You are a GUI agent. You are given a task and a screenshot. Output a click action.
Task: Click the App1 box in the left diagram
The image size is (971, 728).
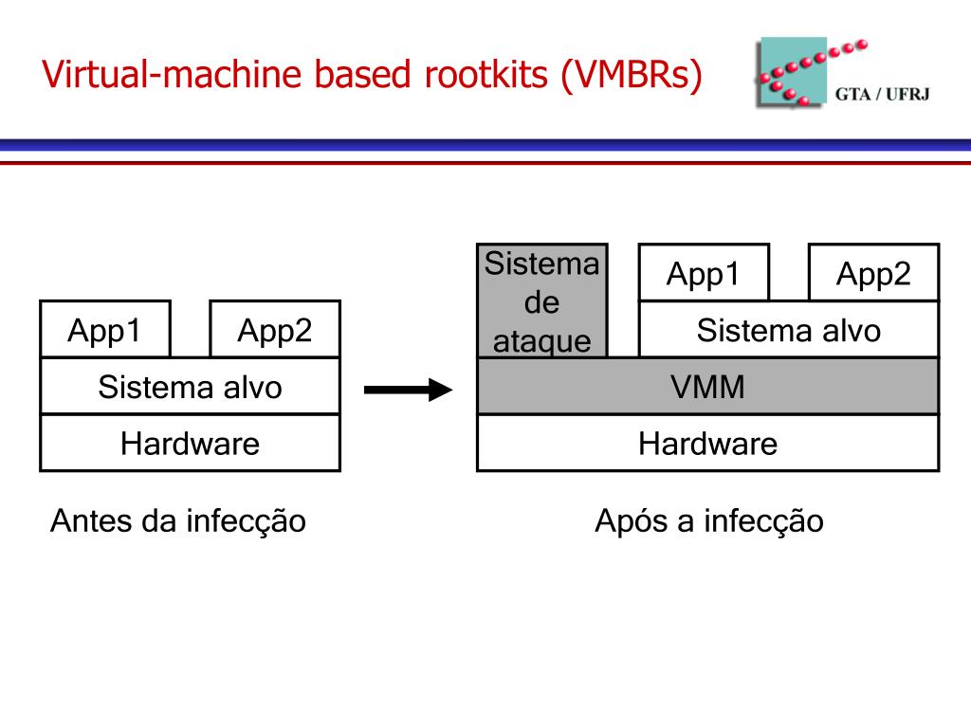pyautogui.click(x=105, y=329)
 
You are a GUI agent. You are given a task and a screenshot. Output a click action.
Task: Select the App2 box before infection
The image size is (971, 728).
pyautogui.click(x=275, y=329)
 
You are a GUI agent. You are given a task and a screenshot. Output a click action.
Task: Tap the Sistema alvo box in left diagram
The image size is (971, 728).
pyautogui.click(x=190, y=387)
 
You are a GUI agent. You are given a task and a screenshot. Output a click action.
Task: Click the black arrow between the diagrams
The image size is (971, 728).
pyautogui.click(x=408, y=390)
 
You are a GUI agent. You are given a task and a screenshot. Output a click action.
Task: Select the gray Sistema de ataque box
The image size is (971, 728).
pyautogui.click(x=542, y=300)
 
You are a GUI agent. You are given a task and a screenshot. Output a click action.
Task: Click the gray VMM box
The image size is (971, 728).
pyautogui.click(x=707, y=387)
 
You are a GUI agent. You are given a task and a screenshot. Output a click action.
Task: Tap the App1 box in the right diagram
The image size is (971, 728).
pyautogui.click(x=705, y=272)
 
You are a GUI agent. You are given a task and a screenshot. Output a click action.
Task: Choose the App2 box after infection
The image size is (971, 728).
pyautogui.click(x=873, y=272)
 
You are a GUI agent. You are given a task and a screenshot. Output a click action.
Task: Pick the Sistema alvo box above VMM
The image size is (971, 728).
pyautogui.click(x=789, y=329)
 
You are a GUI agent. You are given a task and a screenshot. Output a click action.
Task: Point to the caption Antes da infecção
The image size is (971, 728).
pyautogui.click(x=178, y=520)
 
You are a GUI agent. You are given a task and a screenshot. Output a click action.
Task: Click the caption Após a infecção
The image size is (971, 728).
pyautogui.click(x=709, y=520)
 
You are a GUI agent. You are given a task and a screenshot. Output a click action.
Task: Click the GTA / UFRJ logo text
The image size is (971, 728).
pyautogui.click(x=883, y=94)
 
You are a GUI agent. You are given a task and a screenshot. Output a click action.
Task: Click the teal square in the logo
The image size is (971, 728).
pyautogui.click(x=793, y=71)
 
